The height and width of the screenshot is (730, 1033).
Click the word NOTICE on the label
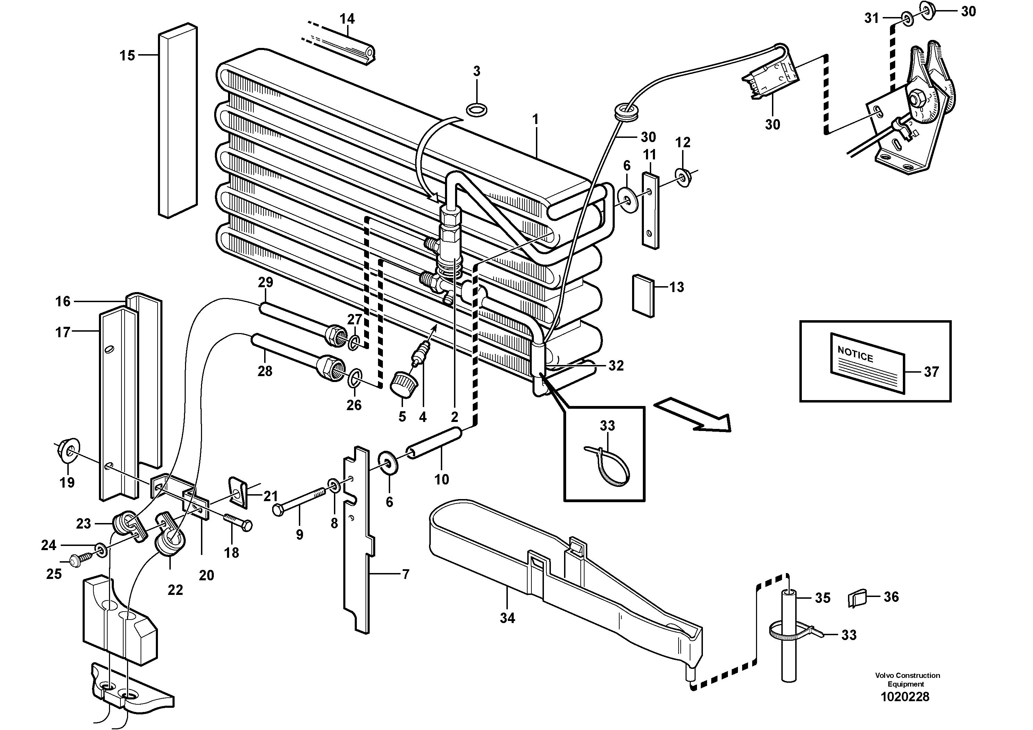tap(855, 355)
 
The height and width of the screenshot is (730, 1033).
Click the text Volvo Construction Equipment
tap(907, 680)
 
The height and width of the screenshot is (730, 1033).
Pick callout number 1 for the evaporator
tap(535, 120)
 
